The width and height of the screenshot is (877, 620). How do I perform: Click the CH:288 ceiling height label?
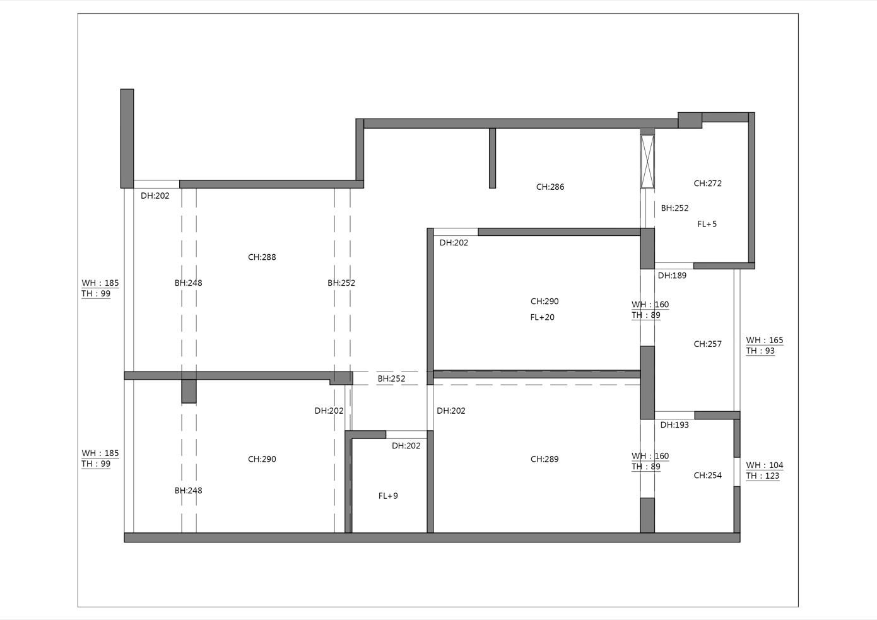[x=262, y=257]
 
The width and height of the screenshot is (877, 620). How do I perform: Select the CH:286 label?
[x=550, y=187]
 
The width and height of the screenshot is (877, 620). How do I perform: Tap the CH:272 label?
[x=707, y=183]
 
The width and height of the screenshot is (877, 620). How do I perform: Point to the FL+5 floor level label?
[x=707, y=224]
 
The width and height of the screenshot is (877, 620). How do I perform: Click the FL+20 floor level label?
[x=542, y=317]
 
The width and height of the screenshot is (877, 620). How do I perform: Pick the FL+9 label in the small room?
[x=388, y=496]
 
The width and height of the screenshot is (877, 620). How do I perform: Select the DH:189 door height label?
[x=672, y=276]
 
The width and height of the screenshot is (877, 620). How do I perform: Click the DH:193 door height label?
[x=674, y=424]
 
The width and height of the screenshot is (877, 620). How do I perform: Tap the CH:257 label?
[x=707, y=344]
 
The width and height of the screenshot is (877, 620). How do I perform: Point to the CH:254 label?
[x=707, y=476]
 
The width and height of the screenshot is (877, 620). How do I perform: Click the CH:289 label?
[x=544, y=459]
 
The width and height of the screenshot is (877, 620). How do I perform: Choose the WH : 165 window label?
[x=765, y=340]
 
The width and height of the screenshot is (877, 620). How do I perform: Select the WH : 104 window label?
[x=765, y=465]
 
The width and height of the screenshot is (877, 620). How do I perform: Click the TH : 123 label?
[x=763, y=476]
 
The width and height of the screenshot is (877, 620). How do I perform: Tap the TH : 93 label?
[x=760, y=351]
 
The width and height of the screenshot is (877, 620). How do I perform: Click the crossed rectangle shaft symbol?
[x=647, y=161]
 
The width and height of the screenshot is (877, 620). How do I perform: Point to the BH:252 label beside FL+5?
[x=674, y=208]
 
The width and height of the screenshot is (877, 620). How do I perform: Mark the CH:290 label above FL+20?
[x=544, y=301]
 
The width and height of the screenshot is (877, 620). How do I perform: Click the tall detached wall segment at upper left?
[x=127, y=139]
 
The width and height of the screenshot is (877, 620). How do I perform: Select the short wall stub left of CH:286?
[x=493, y=158]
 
